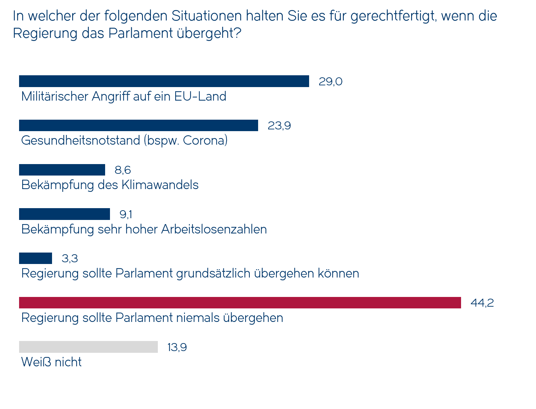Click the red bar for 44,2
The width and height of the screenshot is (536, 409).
pos(240,303)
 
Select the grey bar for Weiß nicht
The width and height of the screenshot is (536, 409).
pos(88,347)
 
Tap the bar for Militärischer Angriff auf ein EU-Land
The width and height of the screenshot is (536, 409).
pos(164,81)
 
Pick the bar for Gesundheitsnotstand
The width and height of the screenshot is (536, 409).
pos(138,125)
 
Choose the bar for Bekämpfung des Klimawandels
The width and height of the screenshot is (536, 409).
pos(62,170)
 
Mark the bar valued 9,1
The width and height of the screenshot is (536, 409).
pos(64,214)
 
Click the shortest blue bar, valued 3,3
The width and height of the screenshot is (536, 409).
pos(35,258)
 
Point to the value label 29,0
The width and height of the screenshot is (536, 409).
pos(330,82)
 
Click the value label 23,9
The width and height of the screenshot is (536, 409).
pos(279,126)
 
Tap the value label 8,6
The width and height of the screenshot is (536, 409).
pos(122,170)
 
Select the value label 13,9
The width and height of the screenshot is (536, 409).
pos(177,347)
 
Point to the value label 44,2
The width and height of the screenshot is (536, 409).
pos(482,303)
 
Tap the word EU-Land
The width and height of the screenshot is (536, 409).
pos(200,96)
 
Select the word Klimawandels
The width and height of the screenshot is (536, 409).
pos(160,185)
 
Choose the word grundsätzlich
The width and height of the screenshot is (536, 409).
pos(213,274)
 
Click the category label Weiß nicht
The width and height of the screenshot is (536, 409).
pos(51,362)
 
